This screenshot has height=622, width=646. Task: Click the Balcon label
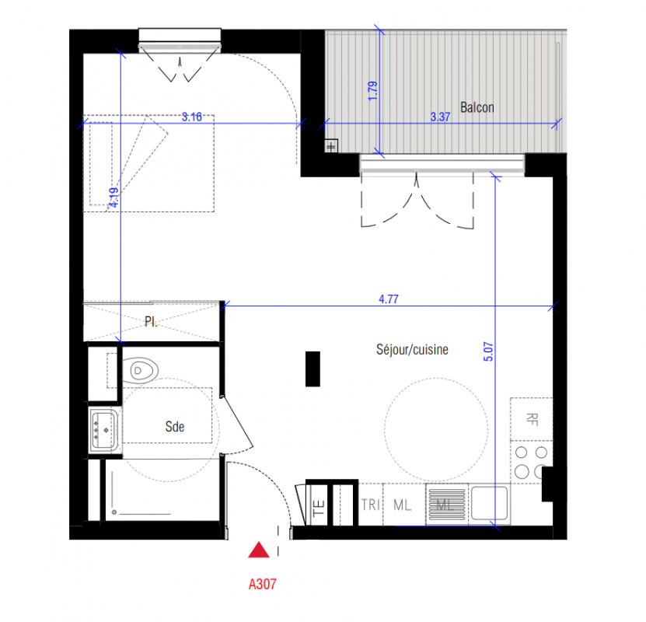click(x=477, y=107)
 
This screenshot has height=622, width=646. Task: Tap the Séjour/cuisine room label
click(x=412, y=350)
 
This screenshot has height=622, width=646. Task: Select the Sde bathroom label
click(x=175, y=427)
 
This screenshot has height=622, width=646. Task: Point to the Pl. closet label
click(x=151, y=321)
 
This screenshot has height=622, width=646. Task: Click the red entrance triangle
click(x=259, y=550)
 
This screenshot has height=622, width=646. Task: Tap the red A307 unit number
click(x=263, y=584)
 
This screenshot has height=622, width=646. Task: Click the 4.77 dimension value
click(x=389, y=299)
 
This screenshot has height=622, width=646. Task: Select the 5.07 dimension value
click(x=488, y=351)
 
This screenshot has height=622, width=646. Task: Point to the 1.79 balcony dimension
click(x=372, y=91)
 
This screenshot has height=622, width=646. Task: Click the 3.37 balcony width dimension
click(x=440, y=117)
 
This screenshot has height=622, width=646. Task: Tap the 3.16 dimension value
click(x=192, y=117)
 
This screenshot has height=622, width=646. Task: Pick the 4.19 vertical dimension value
click(x=114, y=197)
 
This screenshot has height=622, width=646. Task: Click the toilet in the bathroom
click(x=140, y=371)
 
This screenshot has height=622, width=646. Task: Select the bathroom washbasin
click(x=105, y=430)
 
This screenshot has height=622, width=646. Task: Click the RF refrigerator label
click(x=532, y=419)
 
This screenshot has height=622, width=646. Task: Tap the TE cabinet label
click(x=319, y=508)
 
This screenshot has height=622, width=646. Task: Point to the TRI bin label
click(x=371, y=505)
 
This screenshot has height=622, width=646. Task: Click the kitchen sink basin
click(x=489, y=503)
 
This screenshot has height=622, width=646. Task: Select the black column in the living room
click(x=313, y=369)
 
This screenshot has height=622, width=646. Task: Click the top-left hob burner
click(x=521, y=453)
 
